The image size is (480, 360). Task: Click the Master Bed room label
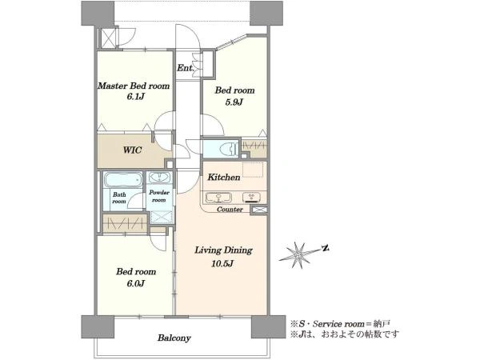(x=134, y=86)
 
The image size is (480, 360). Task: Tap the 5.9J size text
(x=234, y=102)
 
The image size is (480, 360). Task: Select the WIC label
(x=132, y=150)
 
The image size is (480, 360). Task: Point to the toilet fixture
(x=229, y=149)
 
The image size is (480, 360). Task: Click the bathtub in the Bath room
(x=123, y=180)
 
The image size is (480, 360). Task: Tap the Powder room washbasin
(x=159, y=178)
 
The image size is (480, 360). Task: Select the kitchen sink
(x=218, y=198)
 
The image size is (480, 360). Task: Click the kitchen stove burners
(x=252, y=197)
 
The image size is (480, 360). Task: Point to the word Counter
(x=230, y=210)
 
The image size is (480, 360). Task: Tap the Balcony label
(x=174, y=338)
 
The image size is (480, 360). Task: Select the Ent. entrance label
(x=186, y=68)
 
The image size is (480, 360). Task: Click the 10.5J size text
(x=222, y=263)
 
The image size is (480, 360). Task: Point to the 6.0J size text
(x=136, y=284)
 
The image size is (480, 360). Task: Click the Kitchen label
(x=224, y=177)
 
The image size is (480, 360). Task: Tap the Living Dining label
(x=223, y=250)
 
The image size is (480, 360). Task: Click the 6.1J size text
(x=135, y=97)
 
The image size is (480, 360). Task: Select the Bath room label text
(x=119, y=198)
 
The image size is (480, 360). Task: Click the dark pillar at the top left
(x=98, y=13)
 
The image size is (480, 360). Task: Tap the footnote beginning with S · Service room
(x=340, y=323)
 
